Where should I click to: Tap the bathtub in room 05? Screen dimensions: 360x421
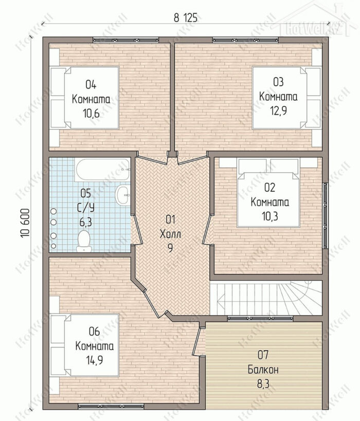pos(102,170)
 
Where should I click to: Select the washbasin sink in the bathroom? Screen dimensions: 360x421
pos(123,195)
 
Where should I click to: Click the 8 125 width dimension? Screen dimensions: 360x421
pos(185,18)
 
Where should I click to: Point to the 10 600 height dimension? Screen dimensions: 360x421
pos(25,223)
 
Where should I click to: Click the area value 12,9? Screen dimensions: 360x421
pos(279,111)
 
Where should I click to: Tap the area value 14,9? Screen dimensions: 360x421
pos(94,360)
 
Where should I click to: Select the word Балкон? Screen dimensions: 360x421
pos(263,370)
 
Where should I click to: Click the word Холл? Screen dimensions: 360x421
pos(170,234)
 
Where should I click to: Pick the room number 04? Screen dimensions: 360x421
pos(91,85)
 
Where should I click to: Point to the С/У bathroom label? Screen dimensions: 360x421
pos(86,208)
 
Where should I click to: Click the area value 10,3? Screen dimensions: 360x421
pos(269,216)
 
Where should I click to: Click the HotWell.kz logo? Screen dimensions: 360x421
pos(313,23)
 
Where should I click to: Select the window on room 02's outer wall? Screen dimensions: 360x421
pos(325,215)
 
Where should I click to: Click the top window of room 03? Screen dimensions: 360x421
pos(245,40)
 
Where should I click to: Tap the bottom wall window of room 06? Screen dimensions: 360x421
pos(111,407)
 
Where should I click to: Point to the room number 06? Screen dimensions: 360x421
pos(94,332)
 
